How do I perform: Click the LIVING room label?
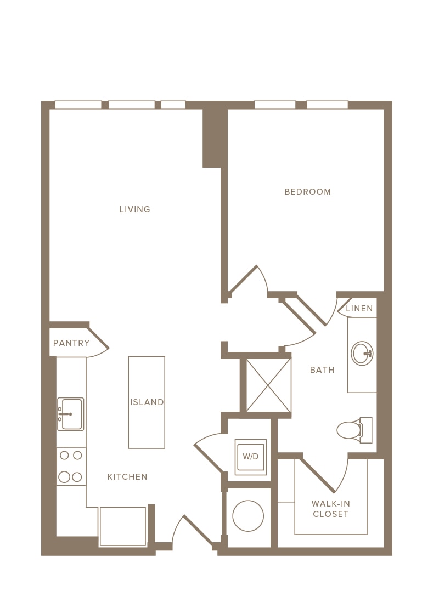tap(135, 209)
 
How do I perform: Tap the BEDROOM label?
tap(307, 191)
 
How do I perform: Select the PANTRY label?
tap(71, 343)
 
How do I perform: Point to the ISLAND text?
tap(147, 402)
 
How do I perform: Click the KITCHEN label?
tap(127, 477)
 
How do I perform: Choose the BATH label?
tap(322, 369)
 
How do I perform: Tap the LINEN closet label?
tap(359, 309)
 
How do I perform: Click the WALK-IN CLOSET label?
tap(330, 509)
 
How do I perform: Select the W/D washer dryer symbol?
tap(250, 457)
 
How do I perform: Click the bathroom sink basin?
tap(362, 354)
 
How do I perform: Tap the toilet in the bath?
tap(354, 430)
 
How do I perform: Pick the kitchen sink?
tap(70, 414)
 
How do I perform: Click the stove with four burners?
tap(71, 467)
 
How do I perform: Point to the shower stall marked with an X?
tap(269, 385)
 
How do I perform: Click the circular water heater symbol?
tap(248, 516)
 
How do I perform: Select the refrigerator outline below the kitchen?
tap(122, 527)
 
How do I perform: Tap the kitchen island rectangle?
tap(147, 402)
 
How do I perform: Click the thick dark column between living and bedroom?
tap(215, 138)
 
